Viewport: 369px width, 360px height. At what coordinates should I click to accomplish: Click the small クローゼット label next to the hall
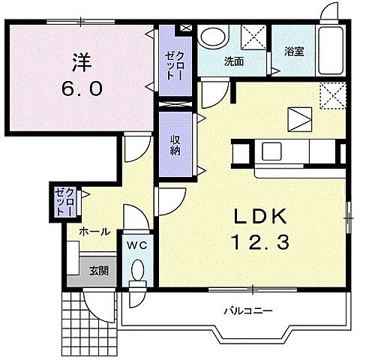[x=60, y=201]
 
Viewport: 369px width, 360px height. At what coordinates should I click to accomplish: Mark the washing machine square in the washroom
[x=253, y=37]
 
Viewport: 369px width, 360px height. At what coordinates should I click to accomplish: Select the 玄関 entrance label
[x=98, y=271]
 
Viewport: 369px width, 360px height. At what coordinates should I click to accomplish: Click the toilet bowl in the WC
[x=138, y=272]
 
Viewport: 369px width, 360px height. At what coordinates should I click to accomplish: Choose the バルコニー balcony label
[x=247, y=310]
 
